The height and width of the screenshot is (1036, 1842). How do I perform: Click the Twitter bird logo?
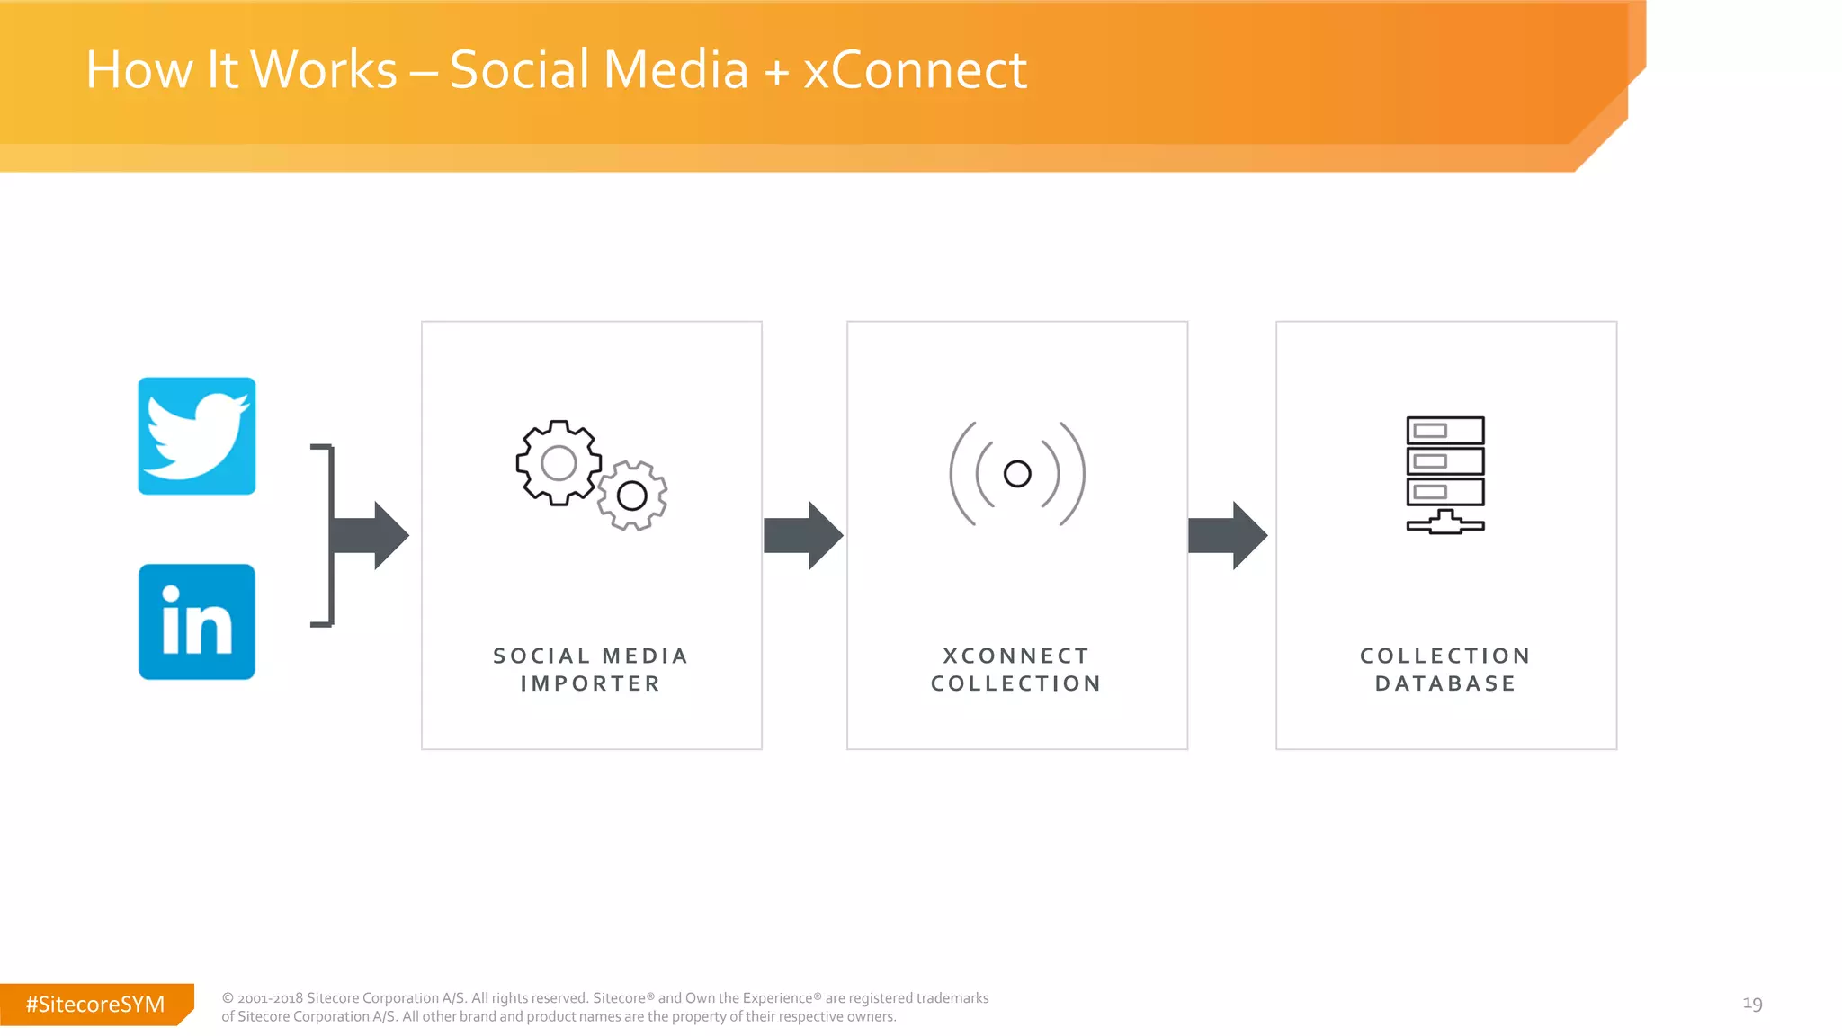pos(196,436)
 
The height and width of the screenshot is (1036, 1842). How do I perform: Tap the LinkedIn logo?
pos(196,621)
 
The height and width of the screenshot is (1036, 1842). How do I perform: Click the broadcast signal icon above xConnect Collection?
pos(1017,473)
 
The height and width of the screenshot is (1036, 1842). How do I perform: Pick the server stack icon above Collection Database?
pos(1445,474)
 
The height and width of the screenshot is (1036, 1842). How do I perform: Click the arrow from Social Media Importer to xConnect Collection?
pos(803,535)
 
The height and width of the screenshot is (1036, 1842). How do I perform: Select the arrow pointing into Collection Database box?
pos(1228,535)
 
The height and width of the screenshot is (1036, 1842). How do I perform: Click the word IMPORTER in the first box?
pos(590,683)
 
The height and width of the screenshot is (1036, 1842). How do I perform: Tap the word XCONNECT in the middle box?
pos(1016,656)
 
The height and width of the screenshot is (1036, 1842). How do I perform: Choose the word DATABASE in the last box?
pos(1445,683)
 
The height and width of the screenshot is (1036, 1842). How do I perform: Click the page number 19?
pos(1752,1003)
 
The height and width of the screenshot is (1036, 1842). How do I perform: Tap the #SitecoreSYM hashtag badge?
pos(95,1004)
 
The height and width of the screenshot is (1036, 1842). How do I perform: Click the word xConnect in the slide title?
pos(915,70)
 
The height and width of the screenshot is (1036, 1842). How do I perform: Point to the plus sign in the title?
pos(776,72)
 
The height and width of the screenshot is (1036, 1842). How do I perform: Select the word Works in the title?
pos(324,70)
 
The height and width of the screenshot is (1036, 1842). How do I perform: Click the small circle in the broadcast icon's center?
pos(1017,473)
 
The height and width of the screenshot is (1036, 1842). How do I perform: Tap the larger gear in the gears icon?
pos(559,463)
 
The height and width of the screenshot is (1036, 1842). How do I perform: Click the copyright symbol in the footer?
pos(228,998)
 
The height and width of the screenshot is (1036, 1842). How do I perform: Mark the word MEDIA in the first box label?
pos(645,656)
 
